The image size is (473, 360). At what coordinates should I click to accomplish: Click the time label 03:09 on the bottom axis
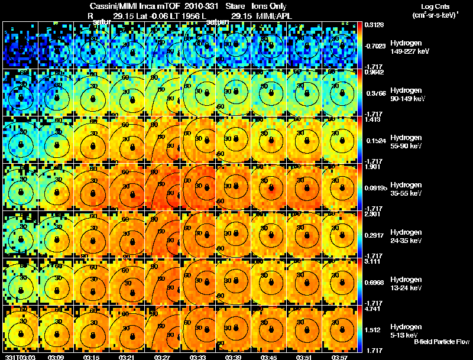[x=56, y=357]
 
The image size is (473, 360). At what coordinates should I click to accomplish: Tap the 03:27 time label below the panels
[x=163, y=357]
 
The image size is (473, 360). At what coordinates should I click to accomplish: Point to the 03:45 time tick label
[x=269, y=357]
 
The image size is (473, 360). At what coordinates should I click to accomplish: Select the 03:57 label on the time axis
[x=339, y=357]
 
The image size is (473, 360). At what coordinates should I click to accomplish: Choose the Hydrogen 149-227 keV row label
[x=405, y=47]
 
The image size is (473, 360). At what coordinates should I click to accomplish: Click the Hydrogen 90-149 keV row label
[x=405, y=94]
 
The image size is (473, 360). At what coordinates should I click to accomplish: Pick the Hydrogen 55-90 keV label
[x=405, y=141]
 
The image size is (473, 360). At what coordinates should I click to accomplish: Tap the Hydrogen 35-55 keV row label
[x=405, y=189]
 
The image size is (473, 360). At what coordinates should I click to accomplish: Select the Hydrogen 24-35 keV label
[x=405, y=236]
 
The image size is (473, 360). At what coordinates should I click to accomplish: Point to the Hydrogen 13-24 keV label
[x=405, y=283]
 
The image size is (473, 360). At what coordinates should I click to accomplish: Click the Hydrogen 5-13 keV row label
[x=405, y=330]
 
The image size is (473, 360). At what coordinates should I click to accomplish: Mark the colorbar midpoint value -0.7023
[x=373, y=46]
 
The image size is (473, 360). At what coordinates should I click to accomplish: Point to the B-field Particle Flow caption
[x=442, y=342]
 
